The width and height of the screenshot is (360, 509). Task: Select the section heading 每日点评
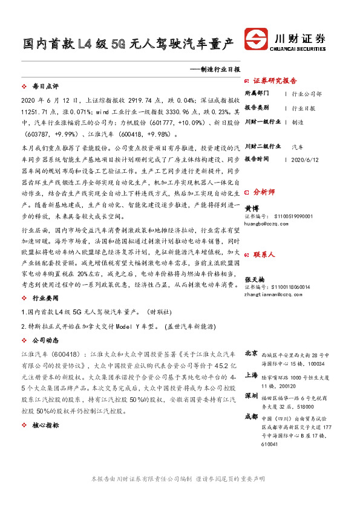tap(45, 87)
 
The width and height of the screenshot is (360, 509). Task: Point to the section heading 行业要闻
tap(45, 298)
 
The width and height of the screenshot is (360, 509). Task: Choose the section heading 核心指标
tap(45, 426)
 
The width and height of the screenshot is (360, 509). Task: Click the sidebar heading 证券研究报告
tap(275, 80)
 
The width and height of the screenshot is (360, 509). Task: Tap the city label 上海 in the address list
tap(250, 375)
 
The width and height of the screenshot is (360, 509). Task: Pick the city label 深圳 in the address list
tap(250, 397)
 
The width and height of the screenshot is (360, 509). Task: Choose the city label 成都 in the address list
tap(250, 417)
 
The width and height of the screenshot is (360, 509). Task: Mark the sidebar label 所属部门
tap(258, 94)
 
